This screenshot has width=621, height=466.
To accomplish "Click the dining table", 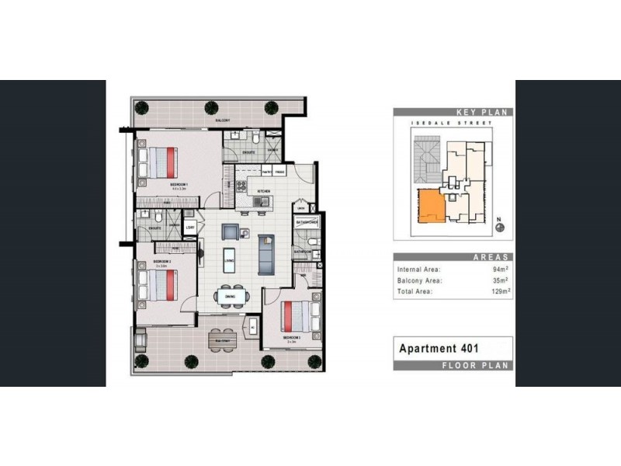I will (x=231, y=296).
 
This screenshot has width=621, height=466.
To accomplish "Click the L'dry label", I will (x=190, y=228).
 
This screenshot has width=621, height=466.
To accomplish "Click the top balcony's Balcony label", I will (x=222, y=121).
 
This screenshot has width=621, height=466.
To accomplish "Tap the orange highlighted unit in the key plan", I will (x=428, y=209).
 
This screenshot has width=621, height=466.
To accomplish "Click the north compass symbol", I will (x=500, y=227).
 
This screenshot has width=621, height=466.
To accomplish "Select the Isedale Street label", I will (x=452, y=124).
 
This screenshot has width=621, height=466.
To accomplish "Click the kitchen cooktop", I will (x=259, y=204).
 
